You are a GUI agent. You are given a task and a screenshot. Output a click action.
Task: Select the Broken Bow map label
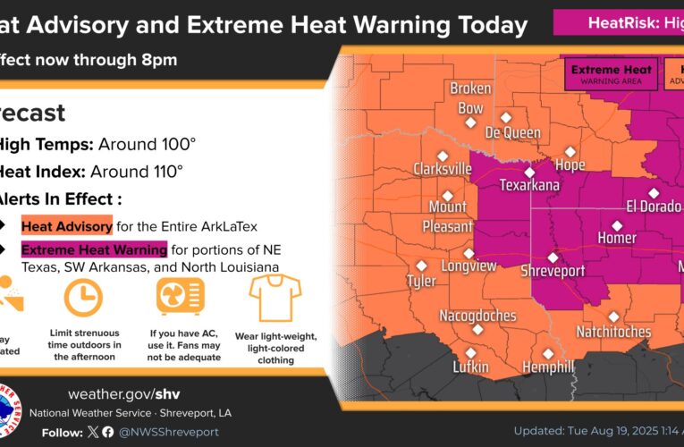pyautogui.click(x=470, y=98)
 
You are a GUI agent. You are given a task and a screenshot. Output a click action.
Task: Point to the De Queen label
pyautogui.click(x=512, y=132)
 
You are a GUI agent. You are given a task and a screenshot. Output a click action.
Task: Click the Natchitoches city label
pyautogui.click(x=613, y=332)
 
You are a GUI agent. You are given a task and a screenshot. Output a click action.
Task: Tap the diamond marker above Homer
pyautogui.click(x=616, y=224)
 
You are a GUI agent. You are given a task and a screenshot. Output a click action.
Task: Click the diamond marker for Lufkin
pyautogui.click(x=470, y=352)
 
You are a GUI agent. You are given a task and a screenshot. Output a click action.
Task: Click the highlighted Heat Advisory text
pyautogui.click(x=67, y=226)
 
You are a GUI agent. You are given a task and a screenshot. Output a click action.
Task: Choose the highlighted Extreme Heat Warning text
pyautogui.click(x=94, y=249)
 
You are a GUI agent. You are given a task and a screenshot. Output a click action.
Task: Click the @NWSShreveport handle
pyautogui.click(x=171, y=432)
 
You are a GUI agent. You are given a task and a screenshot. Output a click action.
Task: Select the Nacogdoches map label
pyautogui.click(x=477, y=316)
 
